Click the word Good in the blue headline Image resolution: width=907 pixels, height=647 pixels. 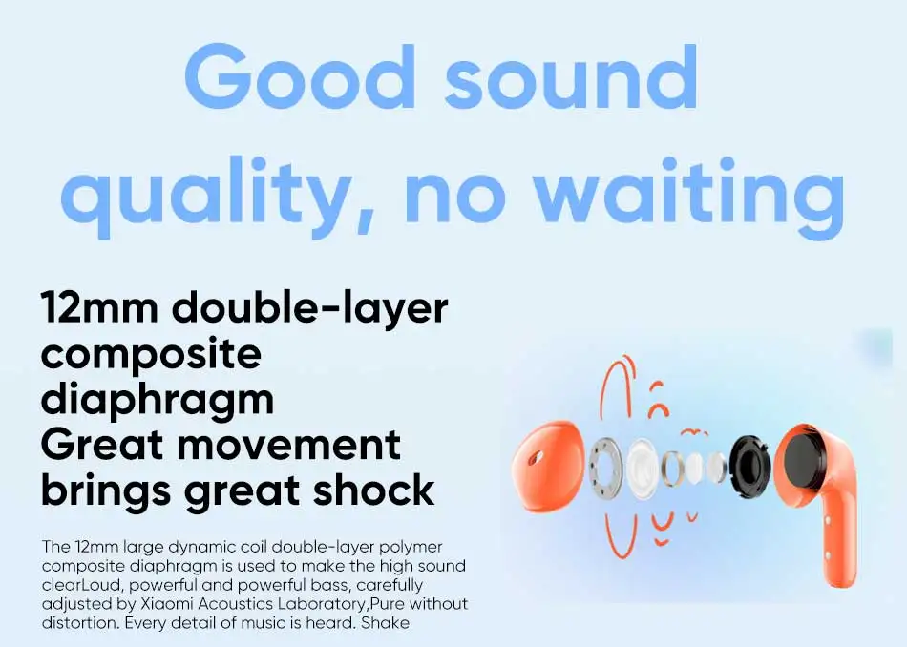301,76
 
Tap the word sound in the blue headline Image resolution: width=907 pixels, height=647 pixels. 572,77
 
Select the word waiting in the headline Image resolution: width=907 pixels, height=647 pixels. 689,190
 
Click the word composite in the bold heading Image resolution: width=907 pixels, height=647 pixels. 151,354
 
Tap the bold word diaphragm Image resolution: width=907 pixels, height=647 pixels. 158,400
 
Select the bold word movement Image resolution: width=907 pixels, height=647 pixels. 288,445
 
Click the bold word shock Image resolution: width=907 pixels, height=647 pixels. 373,490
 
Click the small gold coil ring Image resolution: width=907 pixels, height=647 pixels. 673,466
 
